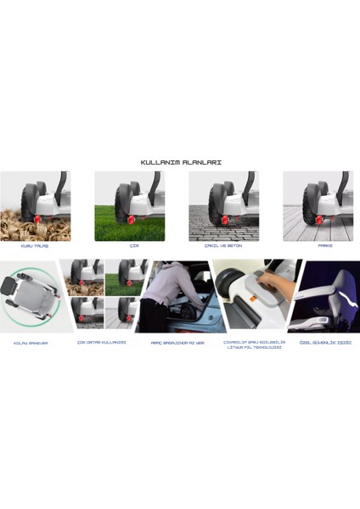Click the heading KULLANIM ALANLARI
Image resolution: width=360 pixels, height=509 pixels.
(180, 161)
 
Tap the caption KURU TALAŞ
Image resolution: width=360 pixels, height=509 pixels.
(36, 246)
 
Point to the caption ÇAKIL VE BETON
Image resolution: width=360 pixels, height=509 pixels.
(224, 246)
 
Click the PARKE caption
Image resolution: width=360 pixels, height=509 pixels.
(324, 246)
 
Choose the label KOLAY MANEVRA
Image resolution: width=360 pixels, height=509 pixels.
(31, 344)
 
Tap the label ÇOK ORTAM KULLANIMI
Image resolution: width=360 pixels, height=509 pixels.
(102, 343)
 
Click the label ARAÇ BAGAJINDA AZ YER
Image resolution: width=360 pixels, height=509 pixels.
(177, 343)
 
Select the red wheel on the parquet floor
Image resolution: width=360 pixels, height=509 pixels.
(320, 221)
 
